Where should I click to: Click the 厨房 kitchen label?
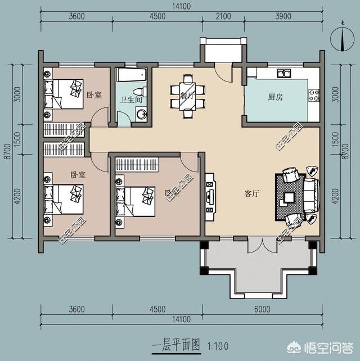pos(275,97)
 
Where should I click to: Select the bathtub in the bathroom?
pos(130,75)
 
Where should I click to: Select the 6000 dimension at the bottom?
pos(262,309)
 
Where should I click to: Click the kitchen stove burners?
pos(313,94)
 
